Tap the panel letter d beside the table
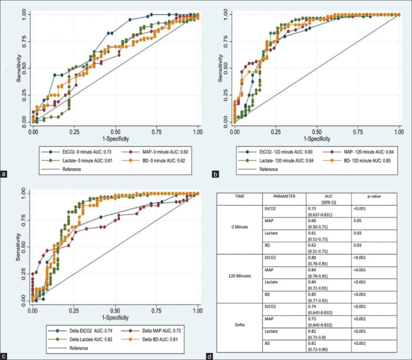pyautogui.click(x=210, y=354)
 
